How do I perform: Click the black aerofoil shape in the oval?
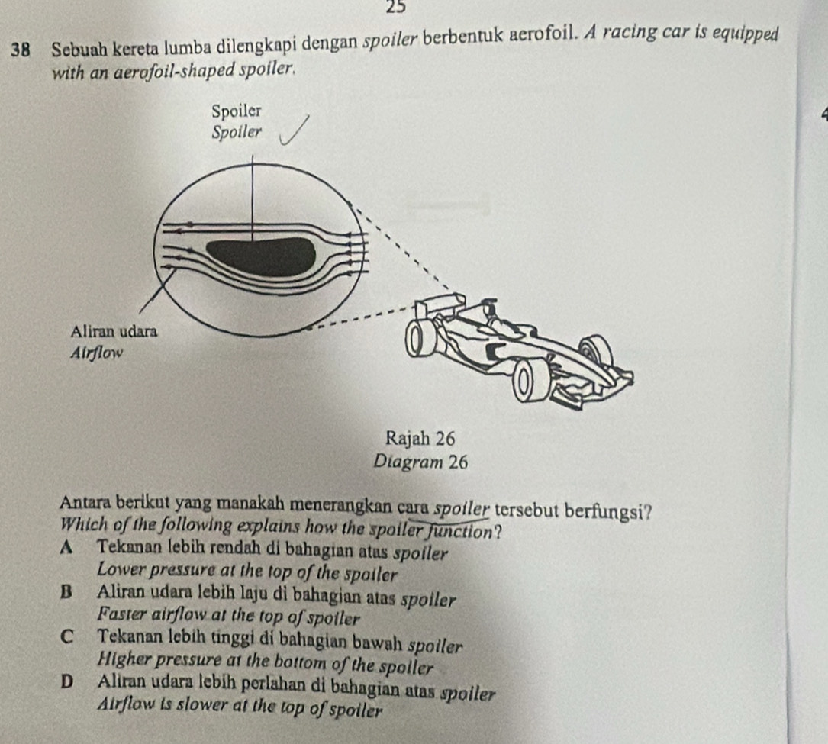pyautogui.click(x=261, y=256)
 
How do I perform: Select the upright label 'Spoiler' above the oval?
pyautogui.click(x=236, y=111)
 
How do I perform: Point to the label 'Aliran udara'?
pyautogui.click(x=114, y=332)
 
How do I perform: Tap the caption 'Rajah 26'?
pyautogui.click(x=420, y=438)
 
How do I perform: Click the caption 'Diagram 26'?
pyautogui.click(x=420, y=462)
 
